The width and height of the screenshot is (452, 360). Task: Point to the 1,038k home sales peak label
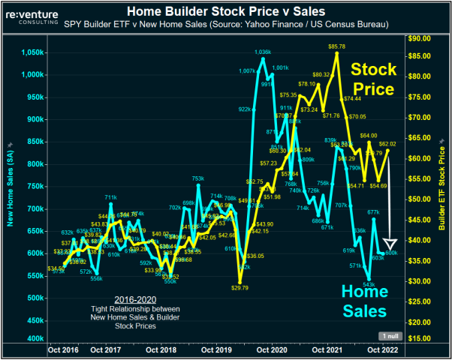point(262,52)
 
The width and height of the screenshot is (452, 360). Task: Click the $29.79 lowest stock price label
point(240,287)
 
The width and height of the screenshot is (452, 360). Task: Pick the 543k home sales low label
point(369,284)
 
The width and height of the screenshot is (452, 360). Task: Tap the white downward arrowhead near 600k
point(390,244)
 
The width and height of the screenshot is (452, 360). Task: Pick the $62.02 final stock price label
point(387,143)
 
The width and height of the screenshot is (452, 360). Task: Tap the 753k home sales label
point(197,178)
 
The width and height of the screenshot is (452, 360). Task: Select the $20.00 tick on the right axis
point(420,322)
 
